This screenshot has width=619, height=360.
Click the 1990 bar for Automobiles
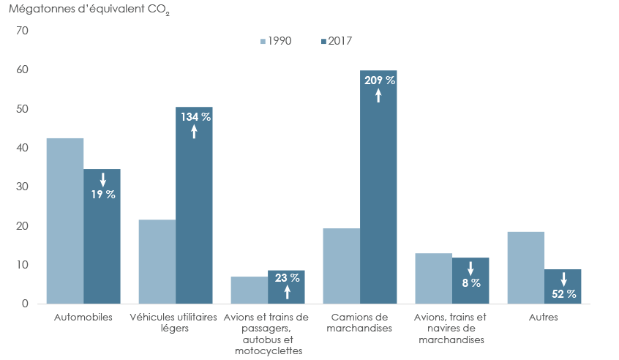click(x=65, y=221)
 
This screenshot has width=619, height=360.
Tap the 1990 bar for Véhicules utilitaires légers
click(x=157, y=261)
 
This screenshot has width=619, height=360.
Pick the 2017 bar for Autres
click(x=563, y=286)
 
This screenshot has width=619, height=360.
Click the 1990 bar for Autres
click(x=526, y=268)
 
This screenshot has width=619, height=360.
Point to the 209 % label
click(x=378, y=80)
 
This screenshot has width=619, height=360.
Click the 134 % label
click(x=194, y=117)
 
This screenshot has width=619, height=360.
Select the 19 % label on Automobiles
click(x=102, y=195)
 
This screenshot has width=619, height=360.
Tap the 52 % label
click(x=563, y=294)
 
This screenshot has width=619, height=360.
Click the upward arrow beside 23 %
click(x=286, y=293)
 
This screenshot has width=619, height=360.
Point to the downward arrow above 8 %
click(x=470, y=269)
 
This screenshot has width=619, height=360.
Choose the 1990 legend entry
click(x=275, y=41)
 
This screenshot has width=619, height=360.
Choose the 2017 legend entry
click(x=336, y=41)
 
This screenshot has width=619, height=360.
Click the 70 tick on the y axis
click(x=21, y=31)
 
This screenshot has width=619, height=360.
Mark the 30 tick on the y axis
click(x=21, y=187)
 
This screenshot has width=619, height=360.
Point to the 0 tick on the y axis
click(x=24, y=304)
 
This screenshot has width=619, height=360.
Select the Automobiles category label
click(x=83, y=318)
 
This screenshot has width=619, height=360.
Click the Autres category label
click(x=544, y=318)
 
